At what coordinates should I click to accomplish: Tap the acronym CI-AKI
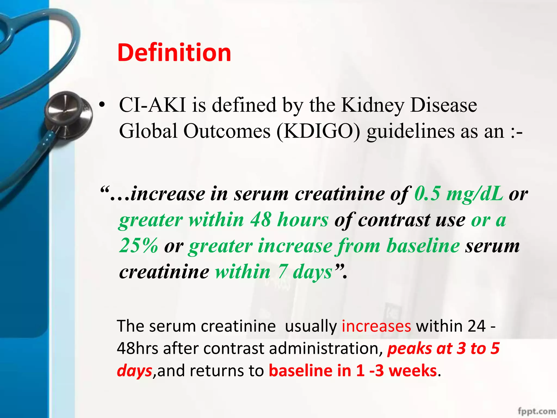(x=153, y=105)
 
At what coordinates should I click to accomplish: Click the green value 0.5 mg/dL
(x=459, y=194)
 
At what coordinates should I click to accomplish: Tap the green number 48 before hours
(x=261, y=220)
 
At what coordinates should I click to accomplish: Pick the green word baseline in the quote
(x=423, y=246)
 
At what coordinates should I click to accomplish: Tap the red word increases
(x=376, y=326)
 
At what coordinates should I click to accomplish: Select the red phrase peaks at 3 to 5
(x=443, y=348)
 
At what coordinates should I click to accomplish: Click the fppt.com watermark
(x=537, y=411)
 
